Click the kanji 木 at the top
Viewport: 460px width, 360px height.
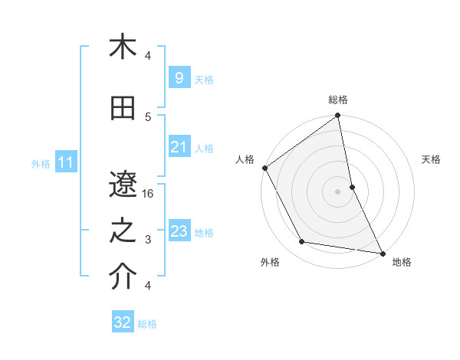point(123,47)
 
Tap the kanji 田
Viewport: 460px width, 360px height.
point(123,110)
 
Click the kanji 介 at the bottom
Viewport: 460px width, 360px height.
point(123,277)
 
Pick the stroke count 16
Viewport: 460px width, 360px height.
point(149,194)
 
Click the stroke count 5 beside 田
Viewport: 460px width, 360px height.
point(149,116)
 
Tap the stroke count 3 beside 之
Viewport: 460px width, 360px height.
point(149,240)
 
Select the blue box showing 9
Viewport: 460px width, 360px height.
point(179,78)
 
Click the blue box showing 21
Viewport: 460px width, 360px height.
point(179,147)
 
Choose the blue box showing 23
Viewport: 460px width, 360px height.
point(179,231)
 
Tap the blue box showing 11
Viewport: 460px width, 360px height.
point(66,162)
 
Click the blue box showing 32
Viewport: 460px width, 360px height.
point(123,322)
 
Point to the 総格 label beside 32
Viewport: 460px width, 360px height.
point(147,324)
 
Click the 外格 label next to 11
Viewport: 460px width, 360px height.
point(41,163)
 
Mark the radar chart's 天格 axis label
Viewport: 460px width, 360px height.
point(431,159)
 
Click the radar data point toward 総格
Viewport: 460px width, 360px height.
point(338,116)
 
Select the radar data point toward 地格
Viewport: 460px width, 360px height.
point(381,251)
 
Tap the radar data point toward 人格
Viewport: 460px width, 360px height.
point(264,168)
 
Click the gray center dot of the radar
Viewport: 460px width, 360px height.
point(338,191)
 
